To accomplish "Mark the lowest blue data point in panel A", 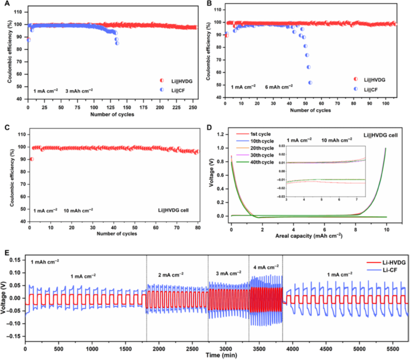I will [117, 43].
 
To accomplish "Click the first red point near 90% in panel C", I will [31, 159].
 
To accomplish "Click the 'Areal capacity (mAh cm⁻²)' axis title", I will [308, 234].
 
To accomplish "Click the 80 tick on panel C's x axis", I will [198, 228].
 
